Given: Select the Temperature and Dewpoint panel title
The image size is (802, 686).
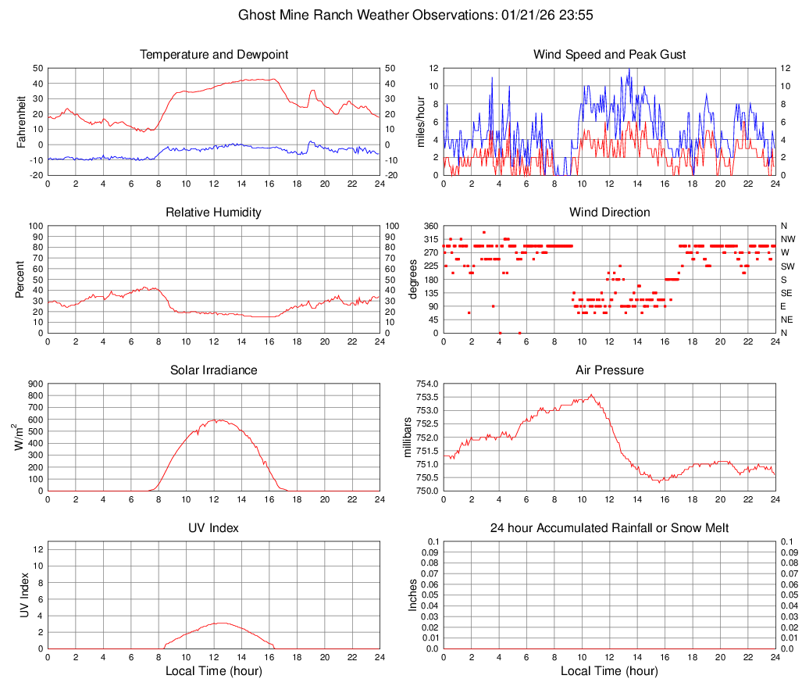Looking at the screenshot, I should click(x=214, y=55).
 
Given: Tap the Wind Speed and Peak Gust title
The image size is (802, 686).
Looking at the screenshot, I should click(x=609, y=55).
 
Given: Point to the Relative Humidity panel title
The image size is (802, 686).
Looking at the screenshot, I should click(x=214, y=213).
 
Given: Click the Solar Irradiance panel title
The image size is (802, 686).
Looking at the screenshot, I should click(x=214, y=370).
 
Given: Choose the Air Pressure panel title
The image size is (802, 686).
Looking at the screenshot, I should click(x=609, y=370).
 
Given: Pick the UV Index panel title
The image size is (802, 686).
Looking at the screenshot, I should click(x=214, y=528).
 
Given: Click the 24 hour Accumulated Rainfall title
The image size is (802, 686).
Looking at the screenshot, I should click(x=609, y=528).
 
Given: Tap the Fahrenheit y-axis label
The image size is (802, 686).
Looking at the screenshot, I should click(x=21, y=122).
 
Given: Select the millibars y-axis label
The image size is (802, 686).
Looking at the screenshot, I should click(x=407, y=437).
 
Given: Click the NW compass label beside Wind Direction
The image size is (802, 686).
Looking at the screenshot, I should click(x=788, y=239).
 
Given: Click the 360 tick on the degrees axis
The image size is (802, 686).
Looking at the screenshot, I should click(x=428, y=226).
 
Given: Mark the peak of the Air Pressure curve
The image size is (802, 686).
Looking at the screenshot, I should click(x=591, y=395).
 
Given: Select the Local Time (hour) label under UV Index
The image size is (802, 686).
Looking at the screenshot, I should click(x=214, y=671).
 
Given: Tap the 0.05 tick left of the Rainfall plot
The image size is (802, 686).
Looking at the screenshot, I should click(x=430, y=595).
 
